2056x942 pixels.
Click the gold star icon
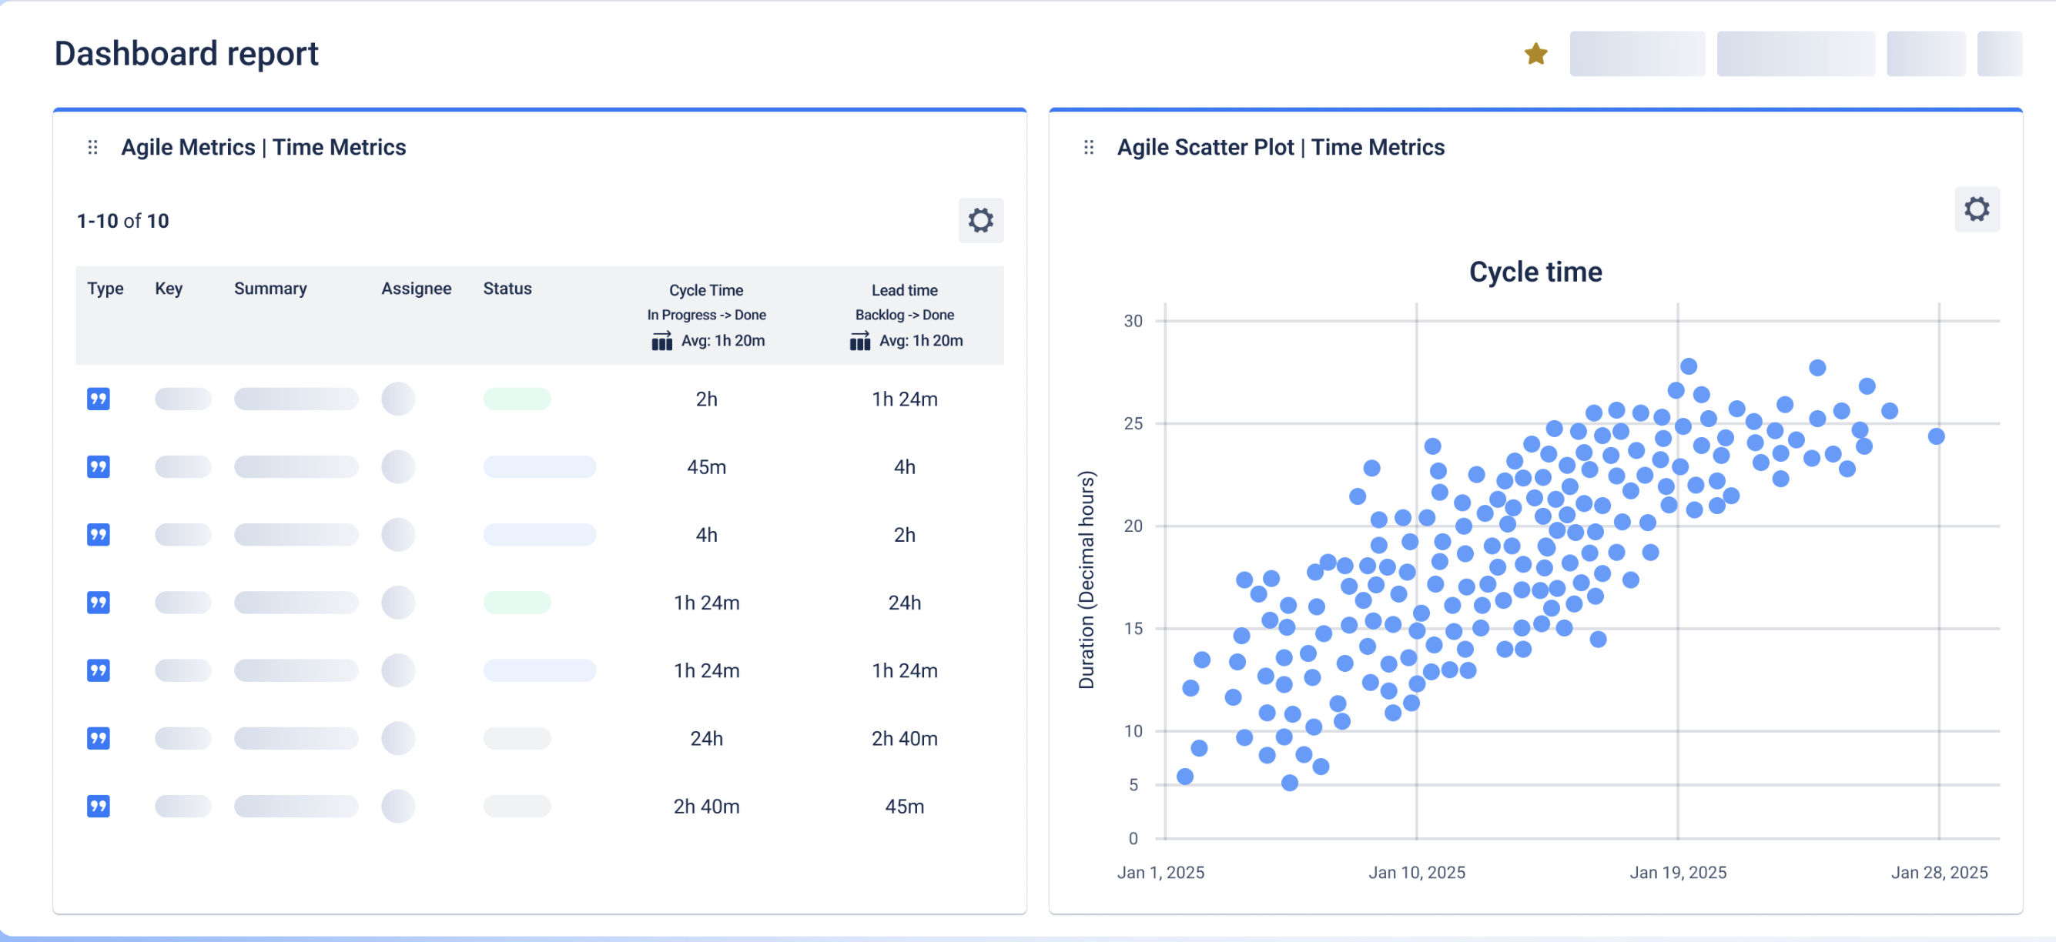coord(1535,54)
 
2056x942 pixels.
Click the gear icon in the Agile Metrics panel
coord(980,220)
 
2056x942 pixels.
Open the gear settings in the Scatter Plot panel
coord(1976,209)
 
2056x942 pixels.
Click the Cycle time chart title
coord(1535,272)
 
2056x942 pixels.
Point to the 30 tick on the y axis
coord(1133,322)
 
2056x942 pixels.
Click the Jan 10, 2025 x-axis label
coord(1417,872)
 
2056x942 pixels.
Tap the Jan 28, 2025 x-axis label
coord(1939,872)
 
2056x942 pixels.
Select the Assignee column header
coord(416,289)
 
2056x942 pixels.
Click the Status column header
coord(507,289)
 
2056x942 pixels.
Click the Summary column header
coord(270,289)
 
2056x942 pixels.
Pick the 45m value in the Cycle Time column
coord(706,467)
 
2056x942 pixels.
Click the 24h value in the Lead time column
coord(904,603)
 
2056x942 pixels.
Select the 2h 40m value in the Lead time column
coord(904,739)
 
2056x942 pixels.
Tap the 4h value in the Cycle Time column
coord(706,535)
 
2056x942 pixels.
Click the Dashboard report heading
coord(186,53)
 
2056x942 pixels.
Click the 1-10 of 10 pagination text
coord(123,221)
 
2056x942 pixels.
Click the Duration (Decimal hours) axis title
coord(1087,580)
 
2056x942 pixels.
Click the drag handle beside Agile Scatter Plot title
coord(1089,148)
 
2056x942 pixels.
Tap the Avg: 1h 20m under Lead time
coord(920,341)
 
